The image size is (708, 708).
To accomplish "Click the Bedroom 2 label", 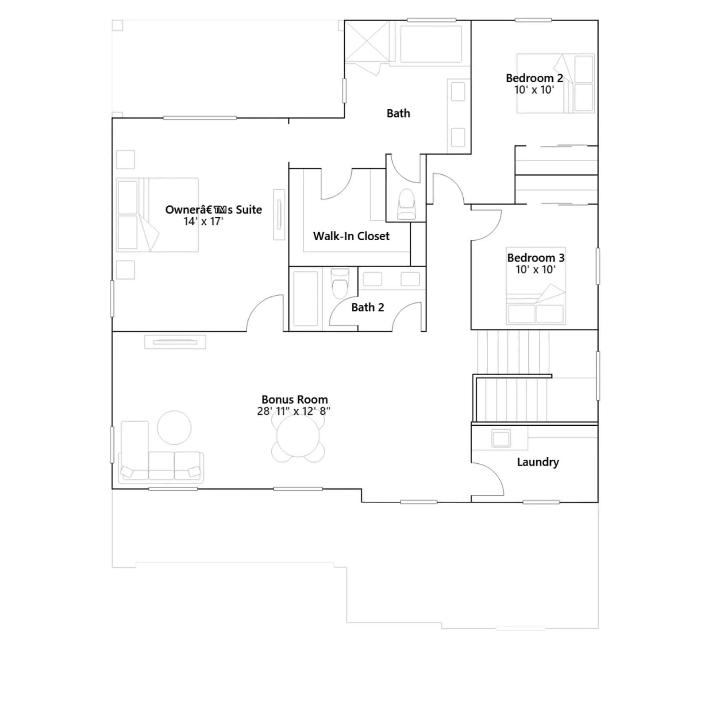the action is [534, 78].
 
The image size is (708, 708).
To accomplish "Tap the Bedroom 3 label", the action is [535, 258].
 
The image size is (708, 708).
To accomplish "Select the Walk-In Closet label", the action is [351, 236].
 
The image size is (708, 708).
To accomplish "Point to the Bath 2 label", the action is [367, 307].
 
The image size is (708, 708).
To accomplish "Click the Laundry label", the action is [538, 462].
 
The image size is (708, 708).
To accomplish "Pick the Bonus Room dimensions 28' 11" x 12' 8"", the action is [294, 411].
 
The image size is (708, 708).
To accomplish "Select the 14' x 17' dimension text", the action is [204, 221].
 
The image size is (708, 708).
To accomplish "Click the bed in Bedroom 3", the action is [536, 286].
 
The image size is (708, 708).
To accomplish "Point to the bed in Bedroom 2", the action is [555, 83].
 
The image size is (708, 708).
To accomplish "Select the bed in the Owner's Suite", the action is [157, 215].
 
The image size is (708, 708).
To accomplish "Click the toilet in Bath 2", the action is [340, 283].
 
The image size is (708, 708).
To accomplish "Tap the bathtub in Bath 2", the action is [305, 299].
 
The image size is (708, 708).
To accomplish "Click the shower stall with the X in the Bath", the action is [367, 41].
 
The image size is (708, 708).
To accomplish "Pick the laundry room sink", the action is [501, 439].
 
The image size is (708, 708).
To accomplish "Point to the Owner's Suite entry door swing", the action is [261, 310].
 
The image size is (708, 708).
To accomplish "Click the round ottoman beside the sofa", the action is [174, 427].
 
